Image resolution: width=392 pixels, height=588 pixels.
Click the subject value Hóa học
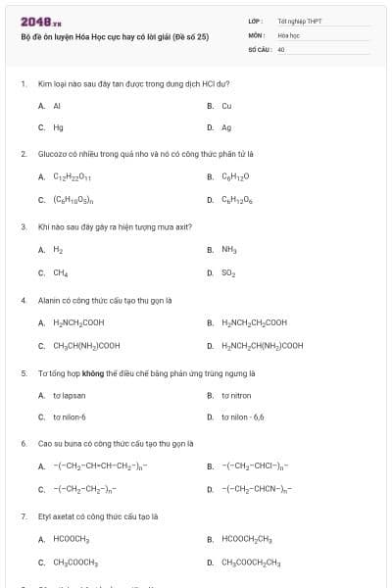(288, 33)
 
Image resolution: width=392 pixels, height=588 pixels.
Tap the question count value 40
(281, 47)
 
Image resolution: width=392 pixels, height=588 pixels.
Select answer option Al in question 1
(57, 105)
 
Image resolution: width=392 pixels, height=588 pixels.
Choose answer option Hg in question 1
(58, 127)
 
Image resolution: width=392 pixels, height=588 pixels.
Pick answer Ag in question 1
(226, 127)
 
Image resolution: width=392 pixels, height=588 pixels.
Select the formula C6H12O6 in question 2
(236, 200)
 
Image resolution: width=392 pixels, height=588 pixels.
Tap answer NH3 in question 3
(229, 250)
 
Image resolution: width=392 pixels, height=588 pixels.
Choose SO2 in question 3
(228, 272)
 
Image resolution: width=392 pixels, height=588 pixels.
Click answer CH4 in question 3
(60, 272)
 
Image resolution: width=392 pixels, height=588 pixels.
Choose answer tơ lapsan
(69, 395)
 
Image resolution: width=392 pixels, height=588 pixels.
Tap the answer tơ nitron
(236, 395)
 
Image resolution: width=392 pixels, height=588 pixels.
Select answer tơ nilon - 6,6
(242, 417)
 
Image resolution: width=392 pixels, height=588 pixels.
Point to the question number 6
(23, 443)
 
